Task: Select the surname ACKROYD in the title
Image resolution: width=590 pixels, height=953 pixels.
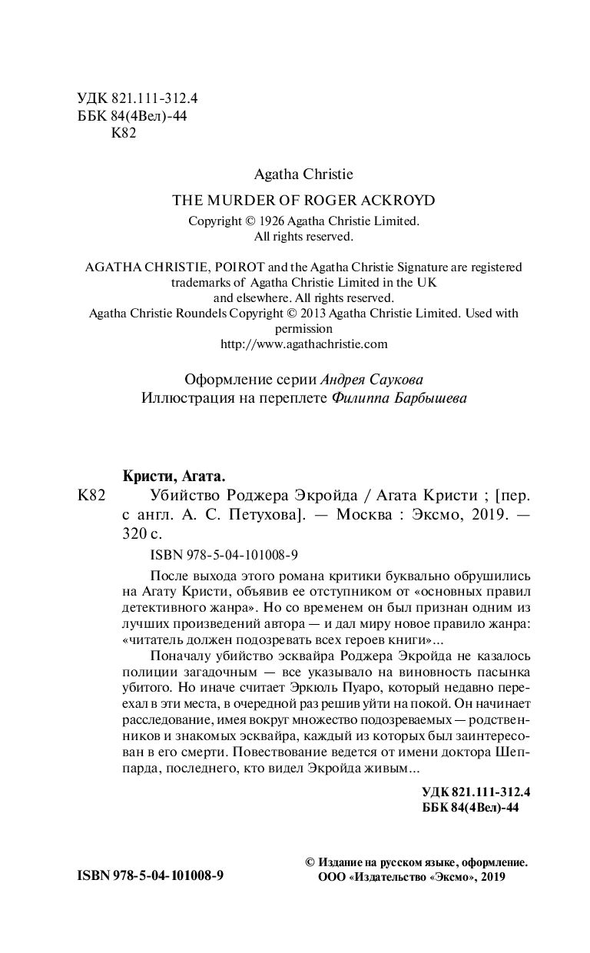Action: pyautogui.click(x=399, y=201)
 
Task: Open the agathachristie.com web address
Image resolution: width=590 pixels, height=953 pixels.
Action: pyautogui.click(x=304, y=344)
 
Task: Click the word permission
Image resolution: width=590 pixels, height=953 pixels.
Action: pyautogui.click(x=303, y=328)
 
